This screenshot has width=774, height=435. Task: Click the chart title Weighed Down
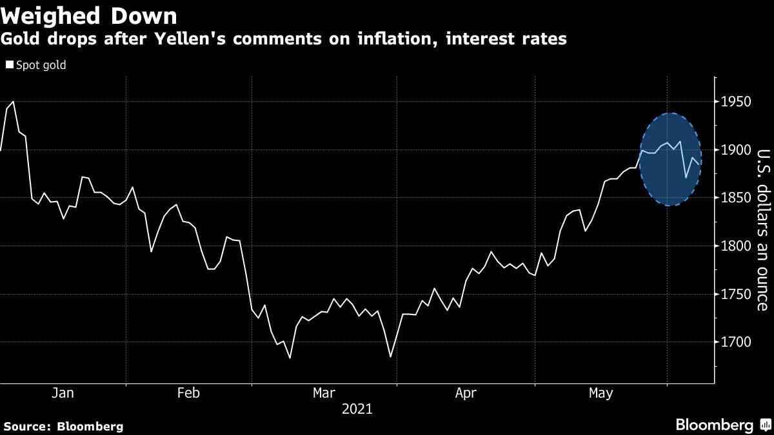pyautogui.click(x=89, y=15)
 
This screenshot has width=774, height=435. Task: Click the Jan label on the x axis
pyautogui.click(x=63, y=392)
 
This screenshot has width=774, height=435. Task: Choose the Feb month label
pyautogui.click(x=188, y=392)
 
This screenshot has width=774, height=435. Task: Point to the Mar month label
pyautogui.click(x=324, y=392)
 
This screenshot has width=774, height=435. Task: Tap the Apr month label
pyautogui.click(x=466, y=392)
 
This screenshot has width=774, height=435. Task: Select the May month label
pyautogui.click(x=601, y=392)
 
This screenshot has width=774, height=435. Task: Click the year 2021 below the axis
pyautogui.click(x=357, y=409)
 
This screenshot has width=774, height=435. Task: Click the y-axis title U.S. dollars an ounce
pyautogui.click(x=762, y=229)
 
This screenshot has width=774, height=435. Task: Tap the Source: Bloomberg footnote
pyautogui.click(x=63, y=426)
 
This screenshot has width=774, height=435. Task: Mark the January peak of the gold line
pyautogui.click(x=13, y=102)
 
